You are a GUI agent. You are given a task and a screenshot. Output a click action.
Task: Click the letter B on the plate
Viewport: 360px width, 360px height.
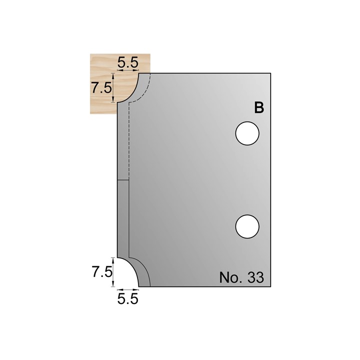tap(258, 108)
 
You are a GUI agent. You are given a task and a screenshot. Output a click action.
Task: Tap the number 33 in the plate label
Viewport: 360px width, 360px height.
tap(254, 277)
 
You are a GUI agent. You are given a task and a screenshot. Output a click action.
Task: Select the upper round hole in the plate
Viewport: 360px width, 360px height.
tap(247, 134)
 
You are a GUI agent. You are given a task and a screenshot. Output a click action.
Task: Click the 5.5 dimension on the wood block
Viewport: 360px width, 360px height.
tap(127, 63)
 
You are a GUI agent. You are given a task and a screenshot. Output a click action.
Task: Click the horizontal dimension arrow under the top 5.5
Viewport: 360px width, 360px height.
tap(127, 72)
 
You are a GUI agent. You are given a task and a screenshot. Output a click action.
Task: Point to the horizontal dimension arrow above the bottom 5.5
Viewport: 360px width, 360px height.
tap(127, 289)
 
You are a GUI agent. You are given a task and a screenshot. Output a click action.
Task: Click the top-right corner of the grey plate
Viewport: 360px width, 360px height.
tap(270, 73)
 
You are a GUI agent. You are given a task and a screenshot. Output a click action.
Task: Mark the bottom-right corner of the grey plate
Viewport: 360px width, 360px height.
tap(270, 286)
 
